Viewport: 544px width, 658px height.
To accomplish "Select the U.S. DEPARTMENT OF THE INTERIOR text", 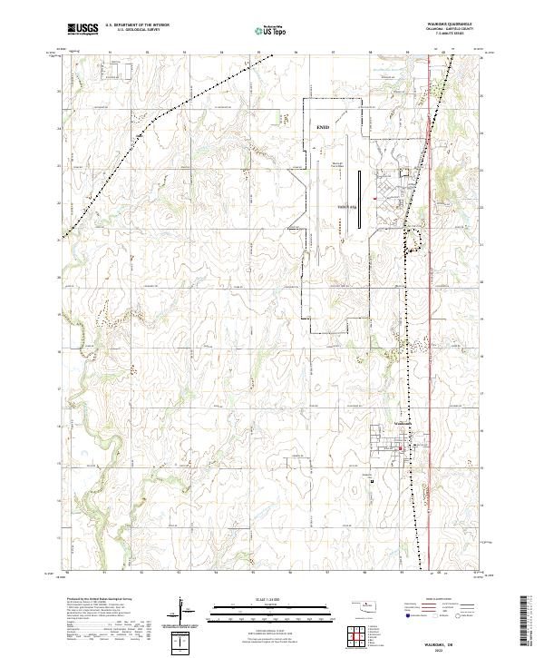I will (136, 25).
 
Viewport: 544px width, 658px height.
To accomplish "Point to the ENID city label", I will (324, 128).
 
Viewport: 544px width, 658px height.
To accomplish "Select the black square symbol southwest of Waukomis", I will (372, 481).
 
